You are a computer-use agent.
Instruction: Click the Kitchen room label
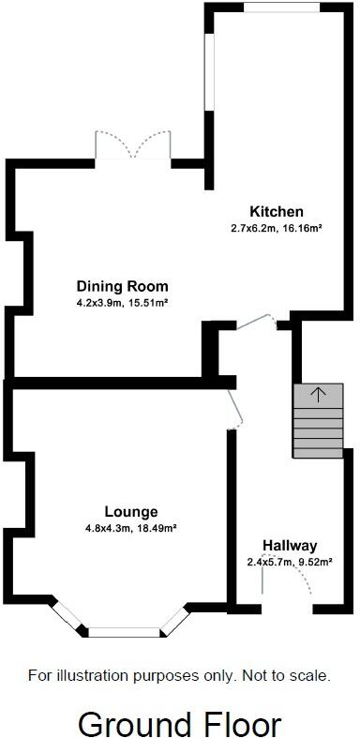point(276,211)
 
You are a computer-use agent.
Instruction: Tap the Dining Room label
point(122,286)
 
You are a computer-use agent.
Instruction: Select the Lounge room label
point(131,512)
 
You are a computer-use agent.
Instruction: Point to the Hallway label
point(290,546)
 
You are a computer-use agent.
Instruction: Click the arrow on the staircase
point(318,394)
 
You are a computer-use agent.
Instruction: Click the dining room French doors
point(132,148)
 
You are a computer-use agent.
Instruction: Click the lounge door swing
point(233,410)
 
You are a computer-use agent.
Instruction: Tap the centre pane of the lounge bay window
point(123,632)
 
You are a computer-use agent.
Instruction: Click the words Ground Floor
point(179,723)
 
